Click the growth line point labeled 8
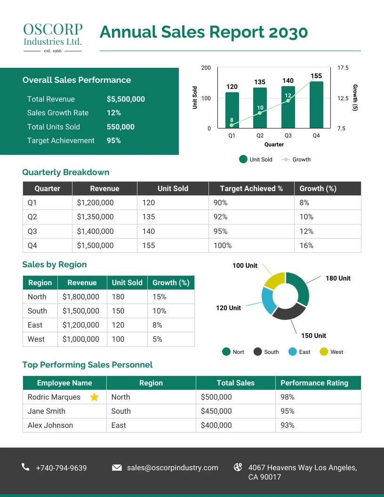click(x=232, y=125)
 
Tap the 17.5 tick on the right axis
click(x=343, y=68)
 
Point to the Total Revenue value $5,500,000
click(x=126, y=99)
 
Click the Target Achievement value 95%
click(x=114, y=141)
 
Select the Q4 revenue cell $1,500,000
click(x=96, y=246)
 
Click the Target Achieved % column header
click(x=251, y=189)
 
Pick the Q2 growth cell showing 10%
click(x=306, y=217)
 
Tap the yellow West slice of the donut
click(x=274, y=281)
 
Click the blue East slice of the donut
click(x=268, y=300)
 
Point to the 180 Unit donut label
click(x=338, y=279)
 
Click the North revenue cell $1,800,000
click(x=81, y=297)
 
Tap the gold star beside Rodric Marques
click(x=94, y=397)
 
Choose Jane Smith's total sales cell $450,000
click(x=216, y=411)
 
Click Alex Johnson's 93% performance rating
click(x=288, y=425)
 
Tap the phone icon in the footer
click(x=25, y=467)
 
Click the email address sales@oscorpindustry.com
click(x=172, y=468)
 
